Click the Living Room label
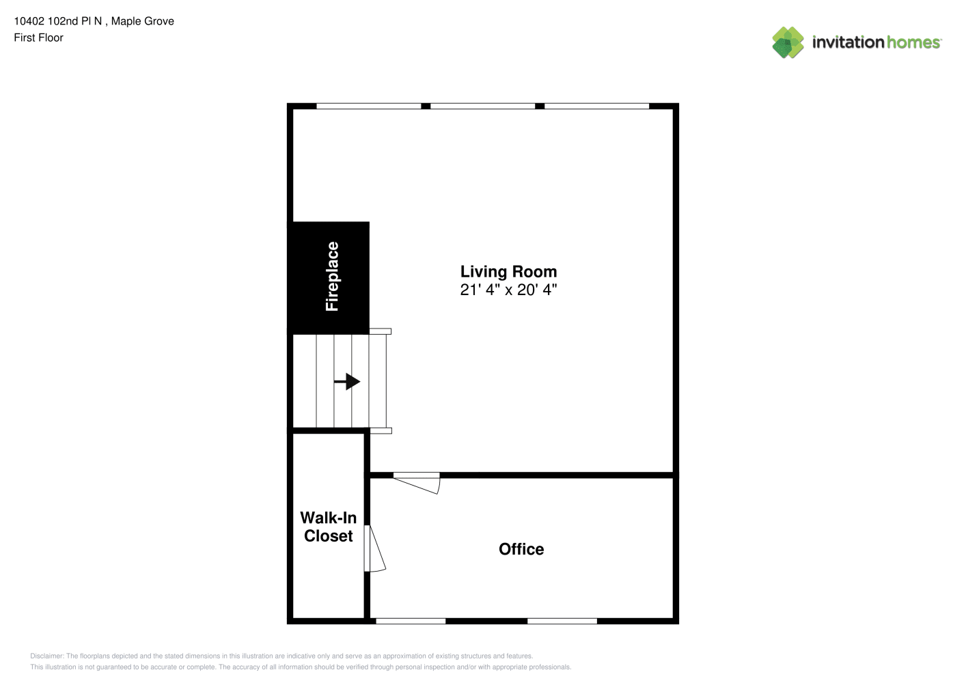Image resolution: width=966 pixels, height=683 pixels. point(508,272)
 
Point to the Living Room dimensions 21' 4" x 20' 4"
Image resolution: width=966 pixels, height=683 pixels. point(508,290)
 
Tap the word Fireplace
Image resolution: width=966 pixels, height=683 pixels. point(332,277)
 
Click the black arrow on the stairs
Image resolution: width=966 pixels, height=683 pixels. point(347,382)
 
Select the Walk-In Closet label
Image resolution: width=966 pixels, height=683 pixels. point(328,527)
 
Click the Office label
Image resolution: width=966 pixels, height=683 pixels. point(521,549)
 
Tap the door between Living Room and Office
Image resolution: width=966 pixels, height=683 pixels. point(417,483)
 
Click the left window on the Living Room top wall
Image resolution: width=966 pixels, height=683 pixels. point(369,106)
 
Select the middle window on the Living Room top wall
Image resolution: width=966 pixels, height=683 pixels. point(483,106)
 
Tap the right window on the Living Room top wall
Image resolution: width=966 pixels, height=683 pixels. point(597,106)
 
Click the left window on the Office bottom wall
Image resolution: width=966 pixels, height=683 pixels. point(411,621)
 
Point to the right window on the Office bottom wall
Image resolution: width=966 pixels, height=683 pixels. point(562,621)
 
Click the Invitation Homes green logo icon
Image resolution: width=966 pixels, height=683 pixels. point(788,42)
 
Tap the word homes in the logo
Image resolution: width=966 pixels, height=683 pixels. point(913,42)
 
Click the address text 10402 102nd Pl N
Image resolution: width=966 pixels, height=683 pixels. point(58,21)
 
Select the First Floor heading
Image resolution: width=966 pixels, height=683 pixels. point(38,38)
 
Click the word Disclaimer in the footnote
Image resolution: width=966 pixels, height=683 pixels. point(47,656)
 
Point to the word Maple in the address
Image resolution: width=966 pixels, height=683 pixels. point(124,22)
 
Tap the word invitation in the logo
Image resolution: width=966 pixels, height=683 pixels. point(848,42)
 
